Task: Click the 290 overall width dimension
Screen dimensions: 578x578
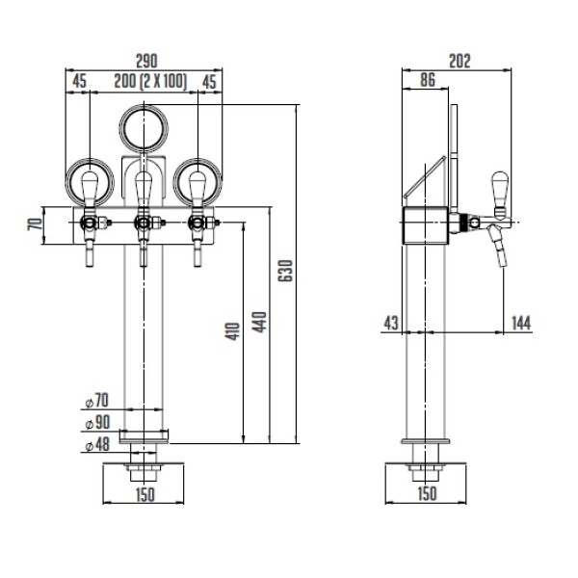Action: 146,61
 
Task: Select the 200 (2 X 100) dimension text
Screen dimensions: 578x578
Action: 150,81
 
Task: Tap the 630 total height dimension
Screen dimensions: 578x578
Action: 285,271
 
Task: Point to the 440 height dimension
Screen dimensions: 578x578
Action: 259,322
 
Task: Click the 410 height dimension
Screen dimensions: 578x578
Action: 232,331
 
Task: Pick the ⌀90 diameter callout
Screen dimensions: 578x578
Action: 97,423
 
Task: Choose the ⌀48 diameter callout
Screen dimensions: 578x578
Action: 97,444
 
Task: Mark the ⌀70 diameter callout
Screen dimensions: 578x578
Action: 97,401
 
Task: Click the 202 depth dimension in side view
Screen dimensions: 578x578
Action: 460,62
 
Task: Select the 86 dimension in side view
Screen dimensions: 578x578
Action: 428,80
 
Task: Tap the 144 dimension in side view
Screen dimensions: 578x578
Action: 521,323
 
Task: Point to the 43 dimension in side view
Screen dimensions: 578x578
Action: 391,323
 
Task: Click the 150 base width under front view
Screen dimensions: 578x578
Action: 144,494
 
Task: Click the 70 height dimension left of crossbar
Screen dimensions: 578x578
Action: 35,224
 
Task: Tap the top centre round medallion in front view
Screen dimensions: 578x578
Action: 144,129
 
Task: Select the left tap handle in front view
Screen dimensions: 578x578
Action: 90,189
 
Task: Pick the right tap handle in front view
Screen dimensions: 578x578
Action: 197,189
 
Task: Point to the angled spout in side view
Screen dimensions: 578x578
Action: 498,246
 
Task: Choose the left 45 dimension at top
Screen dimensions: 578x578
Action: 79,81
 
